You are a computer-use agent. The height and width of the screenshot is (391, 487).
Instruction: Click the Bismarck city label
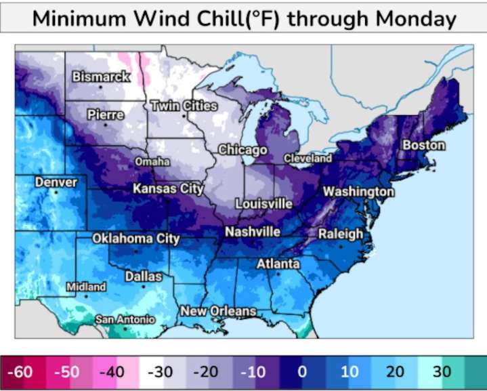pyautogui.click(x=101, y=77)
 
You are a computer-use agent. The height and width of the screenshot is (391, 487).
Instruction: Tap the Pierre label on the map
pyautogui.click(x=106, y=115)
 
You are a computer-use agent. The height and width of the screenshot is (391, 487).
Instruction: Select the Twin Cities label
pyautogui.click(x=184, y=106)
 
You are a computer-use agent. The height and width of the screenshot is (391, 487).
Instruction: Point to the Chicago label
pyautogui.click(x=242, y=150)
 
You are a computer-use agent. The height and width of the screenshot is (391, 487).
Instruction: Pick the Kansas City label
pyautogui.click(x=168, y=188)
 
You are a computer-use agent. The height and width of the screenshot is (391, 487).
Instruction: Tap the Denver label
pyautogui.click(x=56, y=182)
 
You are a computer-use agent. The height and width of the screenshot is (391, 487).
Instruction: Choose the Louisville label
pyautogui.click(x=263, y=203)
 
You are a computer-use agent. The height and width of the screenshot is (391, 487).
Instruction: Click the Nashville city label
pyautogui.click(x=253, y=232)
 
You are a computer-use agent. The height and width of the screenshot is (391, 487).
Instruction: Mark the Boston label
pyautogui.click(x=424, y=145)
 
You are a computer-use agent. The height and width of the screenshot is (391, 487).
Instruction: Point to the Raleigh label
pyautogui.click(x=341, y=234)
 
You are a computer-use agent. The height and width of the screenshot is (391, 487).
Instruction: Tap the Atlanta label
pyautogui.click(x=278, y=264)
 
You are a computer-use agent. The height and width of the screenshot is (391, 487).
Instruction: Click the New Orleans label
pyautogui.click(x=218, y=311)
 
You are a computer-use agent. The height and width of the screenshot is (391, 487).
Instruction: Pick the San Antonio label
pyautogui.click(x=125, y=318)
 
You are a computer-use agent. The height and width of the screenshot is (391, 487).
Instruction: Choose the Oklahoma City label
pyautogui.click(x=135, y=239)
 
